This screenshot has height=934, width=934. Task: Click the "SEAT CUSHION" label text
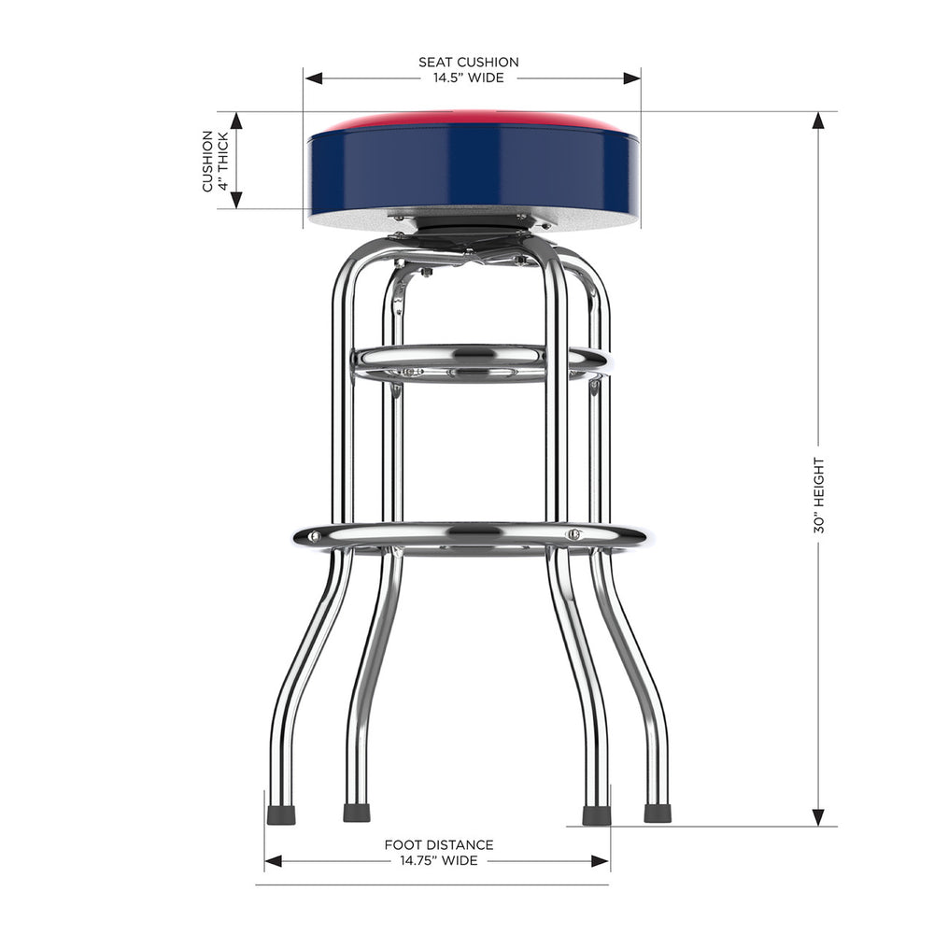coord(468,63)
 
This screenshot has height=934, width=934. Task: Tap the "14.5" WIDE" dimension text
coord(468,78)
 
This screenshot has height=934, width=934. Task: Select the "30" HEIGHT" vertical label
coord(819,494)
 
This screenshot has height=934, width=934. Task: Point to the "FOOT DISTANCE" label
coord(439,845)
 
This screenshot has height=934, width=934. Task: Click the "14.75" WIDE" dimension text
coord(439,860)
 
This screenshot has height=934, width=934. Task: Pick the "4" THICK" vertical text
coord(223,161)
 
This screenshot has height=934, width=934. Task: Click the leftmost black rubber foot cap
coord(280,814)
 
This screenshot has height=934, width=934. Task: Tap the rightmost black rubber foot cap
coord(658,814)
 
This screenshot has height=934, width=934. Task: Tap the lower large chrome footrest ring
coord(470,535)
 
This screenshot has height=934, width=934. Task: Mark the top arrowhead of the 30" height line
coord(819,120)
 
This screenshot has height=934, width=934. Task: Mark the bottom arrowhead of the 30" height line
coord(819,817)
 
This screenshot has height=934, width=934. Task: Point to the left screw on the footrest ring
coord(315,537)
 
